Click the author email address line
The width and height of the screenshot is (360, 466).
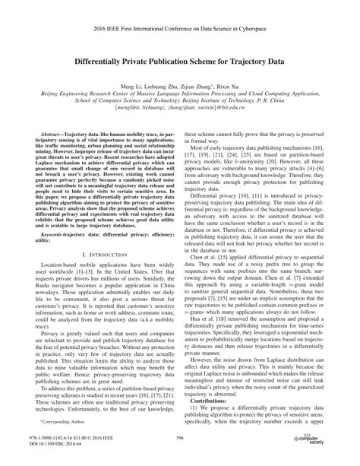coord(180,106)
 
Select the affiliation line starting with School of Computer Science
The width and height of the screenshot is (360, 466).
coord(180,97)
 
